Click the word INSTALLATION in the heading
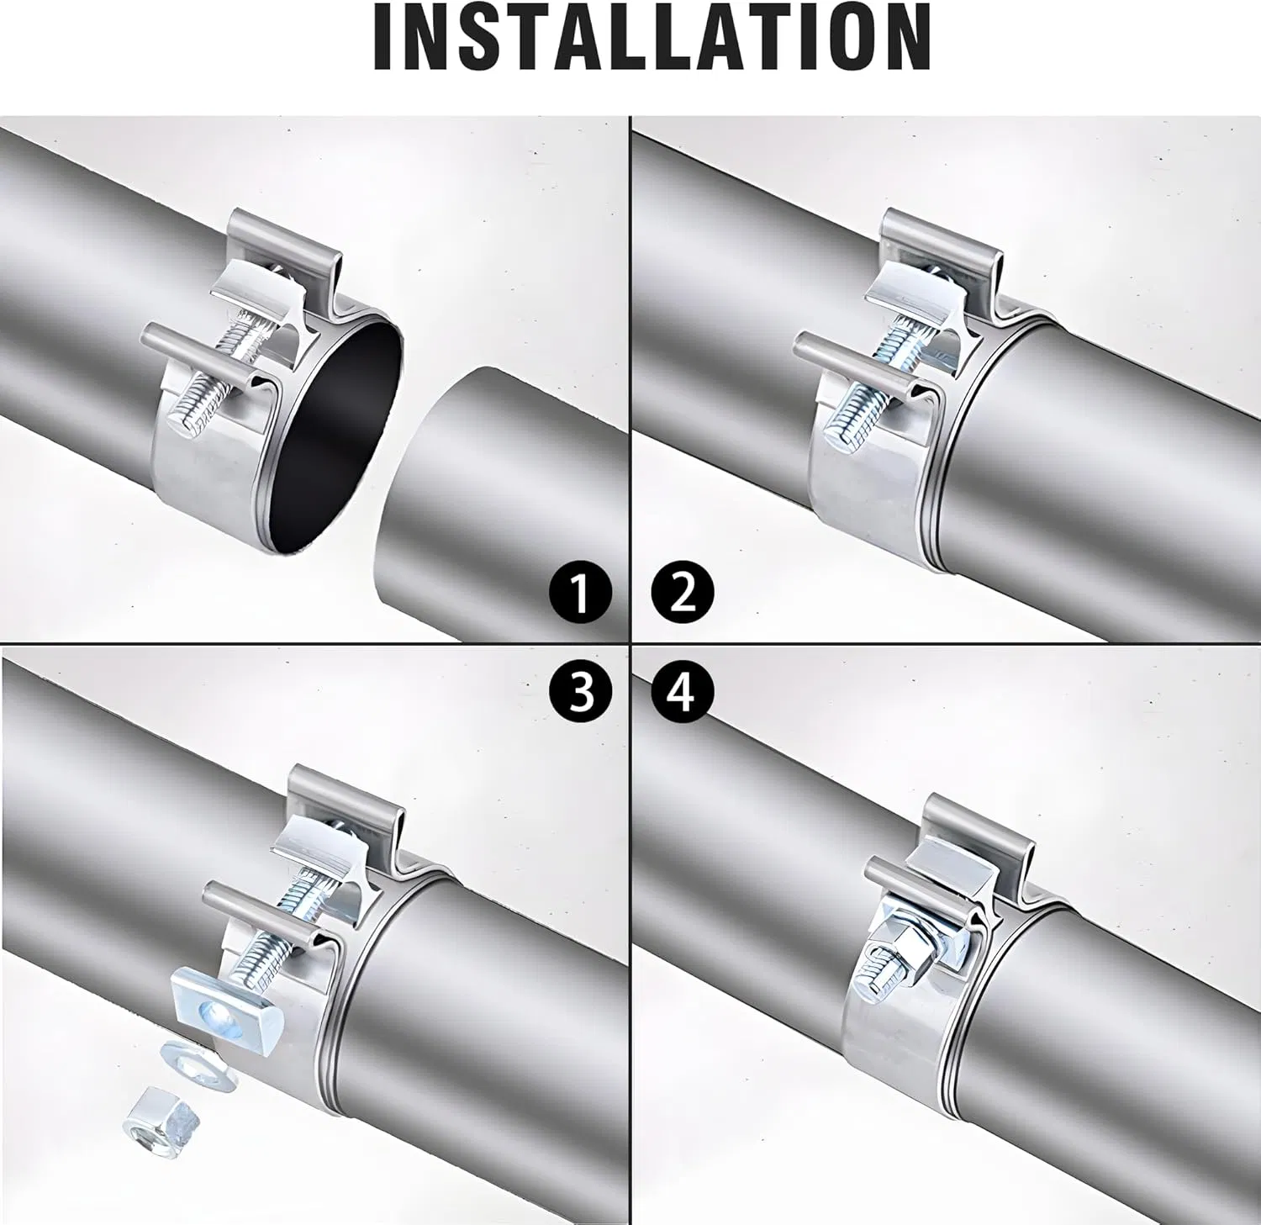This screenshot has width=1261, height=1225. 652,38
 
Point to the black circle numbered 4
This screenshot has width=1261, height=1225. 683,694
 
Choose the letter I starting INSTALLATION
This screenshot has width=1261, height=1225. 384,38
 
